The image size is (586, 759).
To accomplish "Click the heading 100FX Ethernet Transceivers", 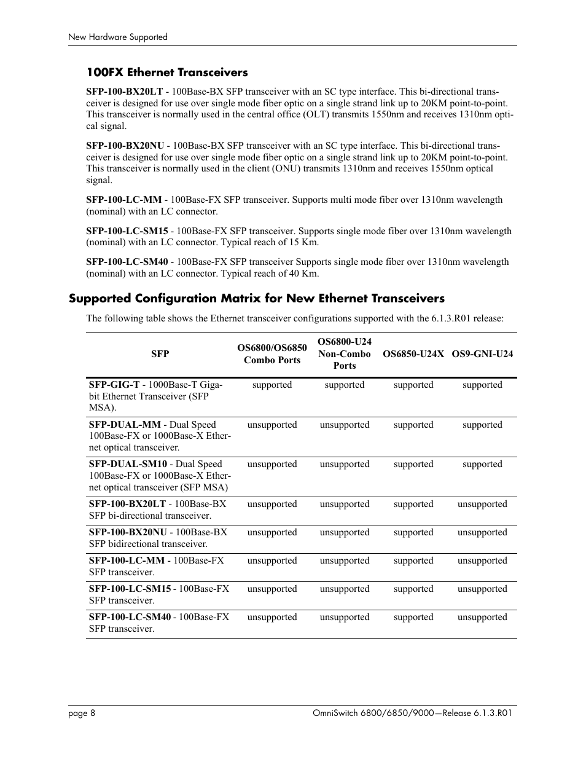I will tap(166, 73).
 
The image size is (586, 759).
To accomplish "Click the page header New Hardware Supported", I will tap(117, 37).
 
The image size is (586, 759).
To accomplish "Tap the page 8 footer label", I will tap(81, 713).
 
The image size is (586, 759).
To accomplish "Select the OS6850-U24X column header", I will tap(413, 354).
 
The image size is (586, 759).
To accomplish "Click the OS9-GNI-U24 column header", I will tap(482, 354).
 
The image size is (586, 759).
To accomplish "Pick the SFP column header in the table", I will tap(160, 354).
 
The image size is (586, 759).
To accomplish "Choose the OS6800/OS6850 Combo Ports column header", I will tap(272, 354).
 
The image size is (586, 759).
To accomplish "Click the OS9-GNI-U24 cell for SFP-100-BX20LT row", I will tap(482, 504).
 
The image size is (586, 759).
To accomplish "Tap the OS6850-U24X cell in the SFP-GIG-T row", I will tap(413, 385).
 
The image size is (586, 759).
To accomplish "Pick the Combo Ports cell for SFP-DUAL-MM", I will tap(272, 425).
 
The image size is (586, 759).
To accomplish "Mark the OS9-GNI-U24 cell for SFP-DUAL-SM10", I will tap(482, 464).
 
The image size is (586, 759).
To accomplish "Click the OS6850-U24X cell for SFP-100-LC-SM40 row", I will tap(413, 617).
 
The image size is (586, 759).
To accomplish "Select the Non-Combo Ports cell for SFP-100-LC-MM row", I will tap(345, 560).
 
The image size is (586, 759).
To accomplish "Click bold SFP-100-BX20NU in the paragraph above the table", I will tap(125, 146).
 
